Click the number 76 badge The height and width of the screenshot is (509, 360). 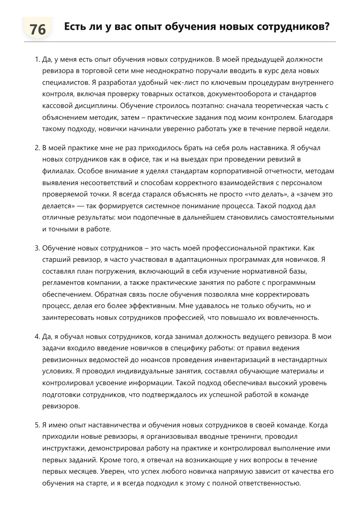tap(38, 29)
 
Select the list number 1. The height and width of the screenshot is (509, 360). tap(37, 60)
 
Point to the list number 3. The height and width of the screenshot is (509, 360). tap(37, 248)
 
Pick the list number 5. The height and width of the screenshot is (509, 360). tap(37, 425)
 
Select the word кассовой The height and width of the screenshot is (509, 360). tap(56, 106)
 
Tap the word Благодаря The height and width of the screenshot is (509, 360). tap(316, 118)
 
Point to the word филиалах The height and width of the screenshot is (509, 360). tap(58, 171)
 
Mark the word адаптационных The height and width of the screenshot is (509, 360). tap(201, 260)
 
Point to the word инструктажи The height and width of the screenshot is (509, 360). tap(64, 448)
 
